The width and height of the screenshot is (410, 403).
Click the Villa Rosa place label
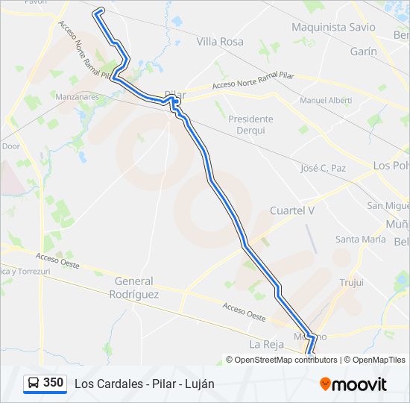click(220, 42)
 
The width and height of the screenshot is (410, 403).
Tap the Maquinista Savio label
click(333, 27)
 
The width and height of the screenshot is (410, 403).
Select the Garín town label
click(363, 51)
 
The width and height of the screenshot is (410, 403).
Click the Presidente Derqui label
click(250, 125)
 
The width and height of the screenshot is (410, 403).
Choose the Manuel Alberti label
click(325, 100)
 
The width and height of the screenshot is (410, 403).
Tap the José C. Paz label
click(323, 169)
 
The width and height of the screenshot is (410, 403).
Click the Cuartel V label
click(292, 210)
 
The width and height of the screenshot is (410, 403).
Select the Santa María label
click(360, 240)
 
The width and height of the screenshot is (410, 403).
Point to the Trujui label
click(351, 282)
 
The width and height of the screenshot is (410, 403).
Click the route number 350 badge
click(53, 383)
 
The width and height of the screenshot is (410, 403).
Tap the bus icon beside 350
click(34, 384)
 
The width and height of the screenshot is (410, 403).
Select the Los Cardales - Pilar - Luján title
click(145, 384)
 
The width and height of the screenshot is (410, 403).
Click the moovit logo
click(353, 384)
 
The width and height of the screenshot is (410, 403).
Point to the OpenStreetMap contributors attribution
click(286, 360)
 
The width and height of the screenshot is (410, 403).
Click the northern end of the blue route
click(97, 11)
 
